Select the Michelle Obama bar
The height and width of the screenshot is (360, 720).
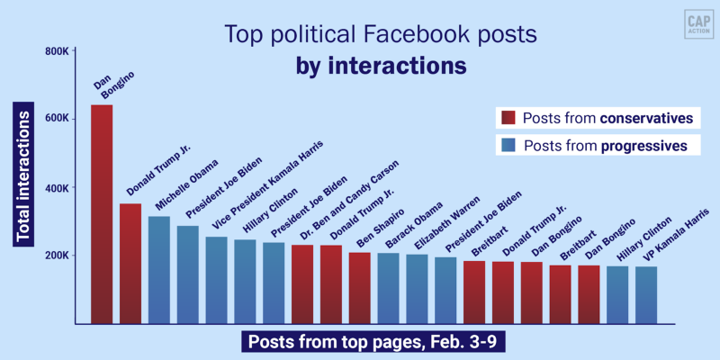pos(159,270)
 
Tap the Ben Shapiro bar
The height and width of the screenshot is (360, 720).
pos(360,288)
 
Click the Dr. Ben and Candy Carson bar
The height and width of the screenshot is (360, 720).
pos(331,284)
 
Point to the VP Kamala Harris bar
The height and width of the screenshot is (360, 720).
pos(646,295)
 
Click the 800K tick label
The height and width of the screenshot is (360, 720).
pos(57,50)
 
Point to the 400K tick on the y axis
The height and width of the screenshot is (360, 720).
pos(57,188)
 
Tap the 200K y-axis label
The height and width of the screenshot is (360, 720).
pos(57,256)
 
